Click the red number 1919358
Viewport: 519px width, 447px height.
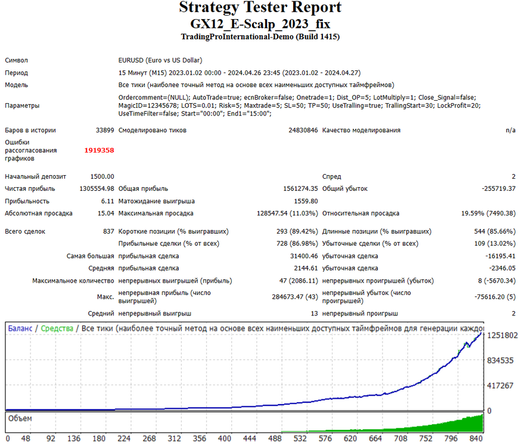coord(99,150)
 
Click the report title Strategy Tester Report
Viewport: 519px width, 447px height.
coord(260,7)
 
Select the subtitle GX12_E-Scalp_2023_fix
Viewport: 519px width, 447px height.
coord(260,24)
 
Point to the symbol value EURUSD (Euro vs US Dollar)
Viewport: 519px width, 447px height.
coord(160,60)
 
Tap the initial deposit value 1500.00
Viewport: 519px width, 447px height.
coord(102,176)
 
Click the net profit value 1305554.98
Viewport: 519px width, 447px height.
coord(97,189)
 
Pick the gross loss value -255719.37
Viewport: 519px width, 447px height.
coord(499,189)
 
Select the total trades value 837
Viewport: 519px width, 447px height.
coord(108,231)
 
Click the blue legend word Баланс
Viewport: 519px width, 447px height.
coord(20,328)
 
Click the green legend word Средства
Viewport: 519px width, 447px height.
coord(57,328)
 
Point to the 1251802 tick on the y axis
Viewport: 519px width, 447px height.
coord(502,336)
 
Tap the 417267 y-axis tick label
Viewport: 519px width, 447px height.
coord(500,386)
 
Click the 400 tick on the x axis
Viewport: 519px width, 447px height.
coord(225,439)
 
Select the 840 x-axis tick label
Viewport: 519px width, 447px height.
coord(476,439)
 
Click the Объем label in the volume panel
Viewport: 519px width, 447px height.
coord(20,418)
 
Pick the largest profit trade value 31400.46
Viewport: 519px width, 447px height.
coord(304,256)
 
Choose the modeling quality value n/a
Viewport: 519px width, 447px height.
coord(511,131)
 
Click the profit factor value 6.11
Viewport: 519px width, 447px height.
coord(108,201)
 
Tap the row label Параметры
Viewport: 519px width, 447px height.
coord(22,105)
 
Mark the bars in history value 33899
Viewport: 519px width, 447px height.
coord(105,131)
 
